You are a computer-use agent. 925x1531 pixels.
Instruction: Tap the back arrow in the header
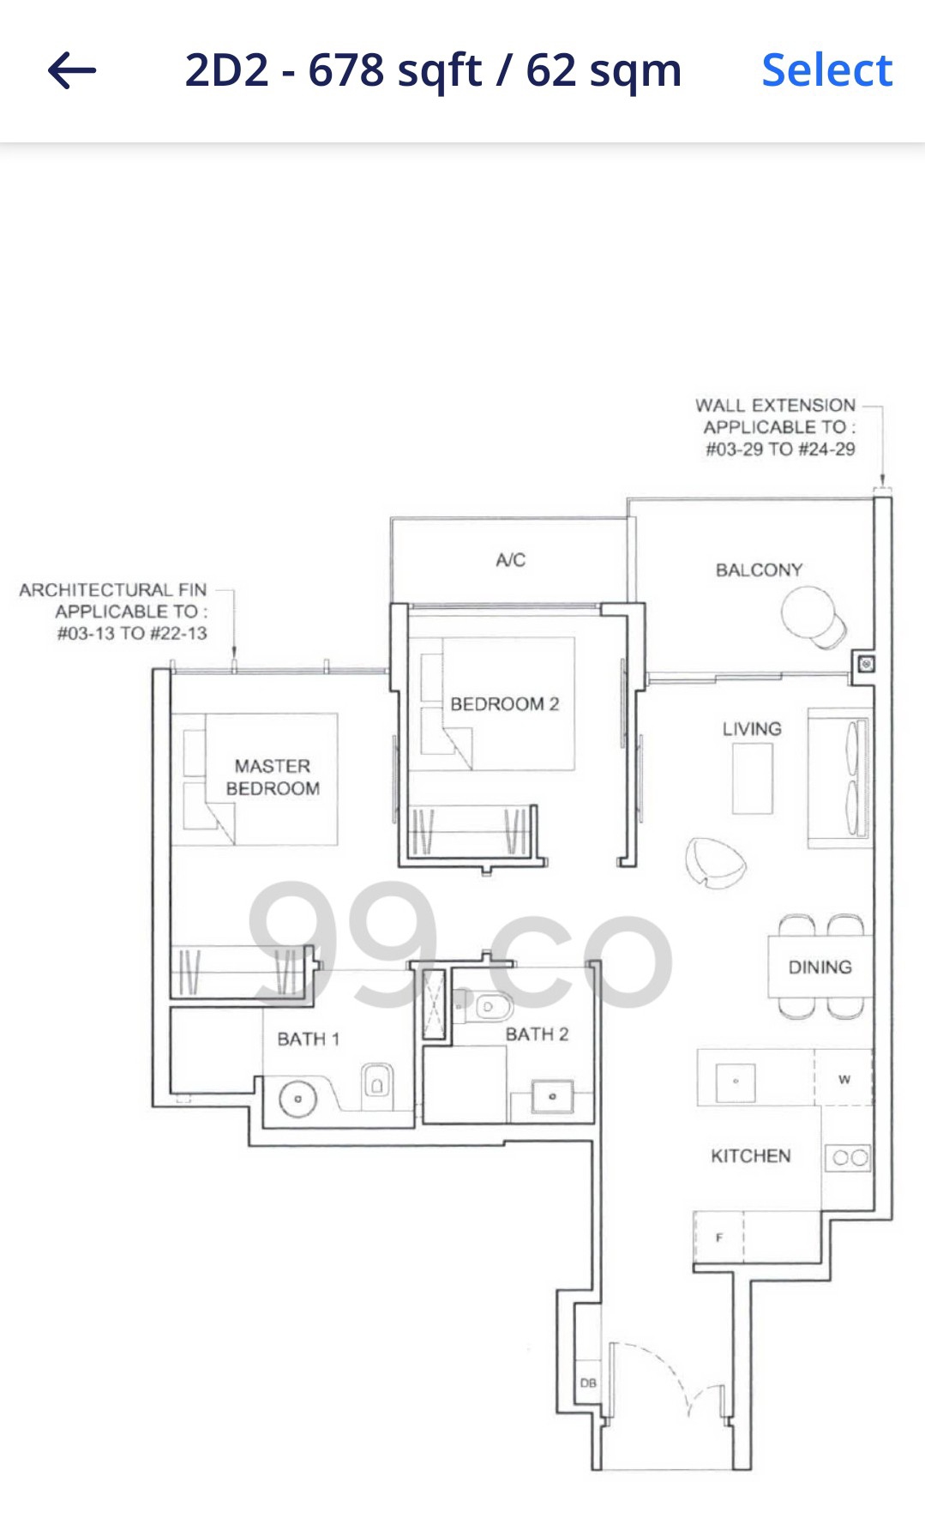pyautogui.click(x=72, y=70)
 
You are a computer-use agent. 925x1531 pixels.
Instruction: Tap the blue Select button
pyautogui.click(x=826, y=70)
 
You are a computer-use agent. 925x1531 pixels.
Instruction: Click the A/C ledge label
pyautogui.click(x=510, y=560)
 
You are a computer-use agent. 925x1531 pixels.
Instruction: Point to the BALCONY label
pyautogui.click(x=759, y=570)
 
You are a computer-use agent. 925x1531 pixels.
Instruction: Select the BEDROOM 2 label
pyautogui.click(x=504, y=704)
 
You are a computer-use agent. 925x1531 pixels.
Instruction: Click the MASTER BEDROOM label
pyautogui.click(x=273, y=777)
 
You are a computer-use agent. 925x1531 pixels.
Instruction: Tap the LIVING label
pyautogui.click(x=752, y=729)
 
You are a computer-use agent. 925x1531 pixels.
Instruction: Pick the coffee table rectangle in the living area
pyautogui.click(x=752, y=778)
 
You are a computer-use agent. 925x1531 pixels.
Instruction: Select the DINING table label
pyautogui.click(x=820, y=967)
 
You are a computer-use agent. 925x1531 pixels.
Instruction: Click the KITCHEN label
pyautogui.click(x=750, y=1156)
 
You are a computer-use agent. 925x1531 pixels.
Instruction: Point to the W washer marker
pyautogui.click(x=844, y=1079)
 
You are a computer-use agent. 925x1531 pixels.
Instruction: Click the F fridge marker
pyautogui.click(x=719, y=1238)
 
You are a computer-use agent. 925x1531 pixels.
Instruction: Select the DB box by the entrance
pyautogui.click(x=588, y=1383)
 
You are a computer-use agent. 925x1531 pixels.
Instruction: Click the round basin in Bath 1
pyautogui.click(x=297, y=1099)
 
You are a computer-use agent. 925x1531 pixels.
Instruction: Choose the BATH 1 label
pyautogui.click(x=308, y=1040)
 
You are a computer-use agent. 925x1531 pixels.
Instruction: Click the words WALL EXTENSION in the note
pyautogui.click(x=775, y=405)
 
